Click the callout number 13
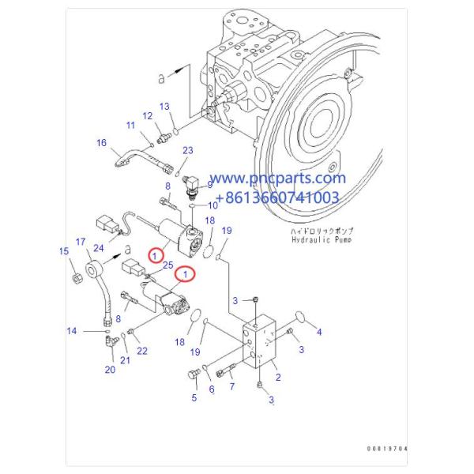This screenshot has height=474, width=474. (x=164, y=107)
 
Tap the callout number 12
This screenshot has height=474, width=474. (x=147, y=117)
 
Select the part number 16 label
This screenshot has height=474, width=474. (x=101, y=143)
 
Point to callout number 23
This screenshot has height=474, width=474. (x=187, y=150)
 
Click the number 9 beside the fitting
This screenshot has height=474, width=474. (x=209, y=185)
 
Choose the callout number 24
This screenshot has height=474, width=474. (x=99, y=248)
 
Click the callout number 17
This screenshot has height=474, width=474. (x=80, y=241)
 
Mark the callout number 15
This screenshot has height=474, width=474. (x=64, y=252)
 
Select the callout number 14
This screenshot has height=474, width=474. (x=72, y=331)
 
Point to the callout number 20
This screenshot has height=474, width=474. (x=110, y=369)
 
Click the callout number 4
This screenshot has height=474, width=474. (x=319, y=333)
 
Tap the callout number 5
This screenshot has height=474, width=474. (x=194, y=398)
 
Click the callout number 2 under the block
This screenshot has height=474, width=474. (x=277, y=378)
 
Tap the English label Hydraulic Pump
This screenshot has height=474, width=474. (x=319, y=239)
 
